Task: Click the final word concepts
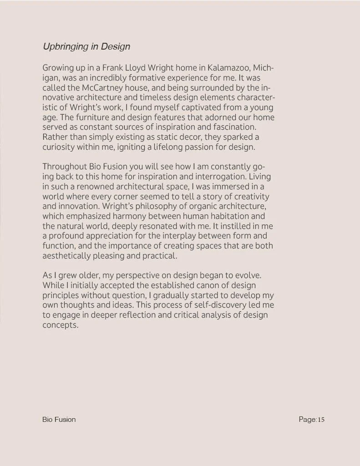61,325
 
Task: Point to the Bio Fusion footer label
59,419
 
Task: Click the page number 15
321,420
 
